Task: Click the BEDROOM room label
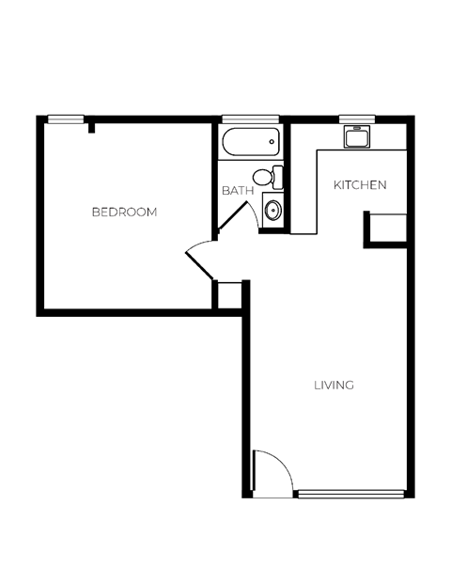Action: pyautogui.click(x=124, y=213)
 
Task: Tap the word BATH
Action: pyautogui.click(x=237, y=191)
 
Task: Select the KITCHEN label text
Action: pyautogui.click(x=360, y=185)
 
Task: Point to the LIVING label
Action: pyautogui.click(x=334, y=385)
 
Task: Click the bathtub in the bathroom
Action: pyautogui.click(x=251, y=143)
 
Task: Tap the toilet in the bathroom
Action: pyautogui.click(x=267, y=177)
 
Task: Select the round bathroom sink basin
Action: pyautogui.click(x=273, y=210)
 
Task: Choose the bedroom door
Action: pyautogui.click(x=200, y=260)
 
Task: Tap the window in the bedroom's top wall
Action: pyautogui.click(x=66, y=118)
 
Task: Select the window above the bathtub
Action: pyautogui.click(x=251, y=118)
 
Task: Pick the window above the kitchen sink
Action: pyautogui.click(x=357, y=118)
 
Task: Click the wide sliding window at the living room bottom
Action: pyautogui.click(x=350, y=493)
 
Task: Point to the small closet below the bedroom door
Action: pyautogui.click(x=228, y=294)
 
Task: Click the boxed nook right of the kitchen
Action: pyautogui.click(x=387, y=229)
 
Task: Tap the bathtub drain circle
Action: pyautogui.click(x=272, y=143)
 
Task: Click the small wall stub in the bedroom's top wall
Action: pyautogui.click(x=92, y=127)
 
